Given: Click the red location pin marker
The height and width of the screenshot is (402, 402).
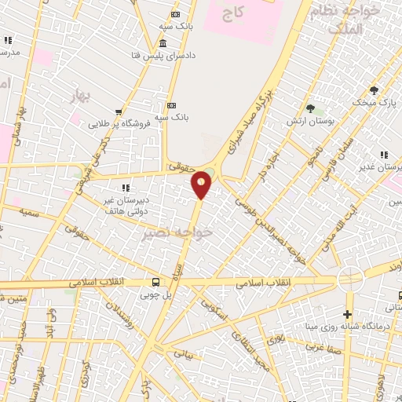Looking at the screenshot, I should pyautogui.click(x=202, y=185).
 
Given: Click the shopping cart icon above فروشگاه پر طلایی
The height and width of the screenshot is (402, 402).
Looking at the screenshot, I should pyautogui.click(x=119, y=111).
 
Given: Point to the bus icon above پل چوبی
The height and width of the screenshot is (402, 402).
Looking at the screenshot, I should pyautogui.click(x=155, y=282).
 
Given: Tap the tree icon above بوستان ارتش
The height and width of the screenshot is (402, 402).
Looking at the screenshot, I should pyautogui.click(x=311, y=108).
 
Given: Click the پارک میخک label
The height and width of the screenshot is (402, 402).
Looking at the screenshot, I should pyautogui.click(x=375, y=102).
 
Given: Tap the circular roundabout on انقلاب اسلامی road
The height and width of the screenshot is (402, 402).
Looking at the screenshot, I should pyautogui.click(x=349, y=279).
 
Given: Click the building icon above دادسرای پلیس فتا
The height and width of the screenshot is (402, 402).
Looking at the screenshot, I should pyautogui.click(x=163, y=43).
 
